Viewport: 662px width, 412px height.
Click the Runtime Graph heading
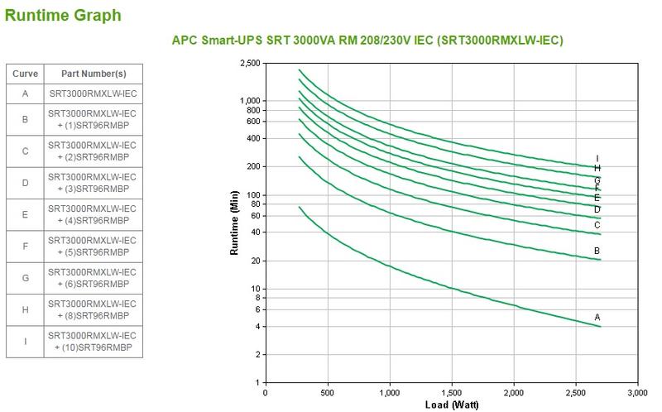point(63,15)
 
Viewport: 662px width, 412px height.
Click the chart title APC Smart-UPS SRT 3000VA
point(367,40)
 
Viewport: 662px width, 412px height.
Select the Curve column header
point(25,74)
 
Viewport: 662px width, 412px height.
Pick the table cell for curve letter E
point(25,215)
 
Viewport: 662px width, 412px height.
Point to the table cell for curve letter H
point(25,310)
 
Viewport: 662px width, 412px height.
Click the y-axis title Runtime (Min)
point(235,222)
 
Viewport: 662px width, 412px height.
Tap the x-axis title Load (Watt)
point(451,405)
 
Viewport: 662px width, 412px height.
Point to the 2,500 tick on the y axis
point(249,63)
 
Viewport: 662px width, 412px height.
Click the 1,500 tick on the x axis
point(451,392)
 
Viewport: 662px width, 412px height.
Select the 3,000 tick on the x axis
point(637,392)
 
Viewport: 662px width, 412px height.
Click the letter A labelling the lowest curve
point(597,317)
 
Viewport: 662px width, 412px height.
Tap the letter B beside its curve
point(597,251)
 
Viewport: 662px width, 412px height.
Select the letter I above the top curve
point(597,158)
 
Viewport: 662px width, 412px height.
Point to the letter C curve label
point(597,225)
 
